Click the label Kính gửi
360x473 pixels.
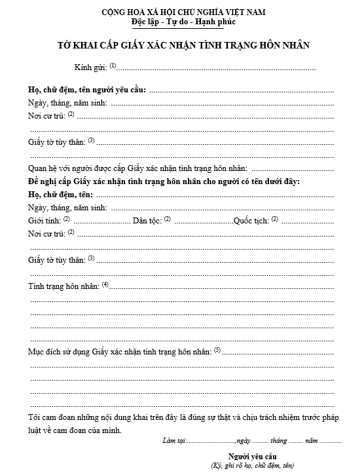pyautogui.click(x=90, y=67)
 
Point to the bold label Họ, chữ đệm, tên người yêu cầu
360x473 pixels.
pyautogui.click(x=87, y=90)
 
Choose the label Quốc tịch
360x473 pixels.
pyautogui.click(x=251, y=220)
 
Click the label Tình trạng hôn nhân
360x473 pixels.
pyautogui.click(x=63, y=286)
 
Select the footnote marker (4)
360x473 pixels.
pyautogui.click(x=105, y=284)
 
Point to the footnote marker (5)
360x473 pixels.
pyautogui.click(x=217, y=350)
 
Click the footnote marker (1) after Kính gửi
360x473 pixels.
pyautogui.click(x=113, y=66)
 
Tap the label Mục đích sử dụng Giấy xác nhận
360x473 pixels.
pyautogui.click(x=120, y=352)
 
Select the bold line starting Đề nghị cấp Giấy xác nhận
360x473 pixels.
pyautogui.click(x=164, y=181)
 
